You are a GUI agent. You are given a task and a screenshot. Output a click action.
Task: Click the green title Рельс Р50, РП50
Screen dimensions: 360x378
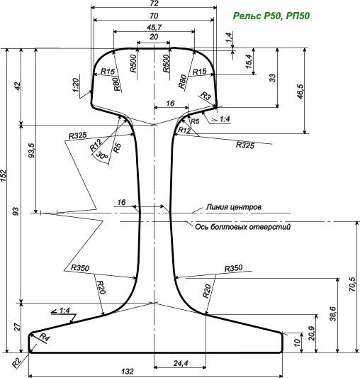pyautogui.click(x=271, y=16)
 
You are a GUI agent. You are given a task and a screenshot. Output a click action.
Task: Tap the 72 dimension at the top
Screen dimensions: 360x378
pyautogui.click(x=154, y=3)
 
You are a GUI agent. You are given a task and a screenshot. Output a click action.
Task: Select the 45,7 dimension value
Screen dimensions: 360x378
pyautogui.click(x=154, y=28)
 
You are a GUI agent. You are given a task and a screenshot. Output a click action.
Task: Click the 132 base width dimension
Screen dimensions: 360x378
pyautogui.click(x=128, y=371)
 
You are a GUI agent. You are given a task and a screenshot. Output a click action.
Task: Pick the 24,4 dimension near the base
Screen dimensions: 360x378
pyautogui.click(x=181, y=363)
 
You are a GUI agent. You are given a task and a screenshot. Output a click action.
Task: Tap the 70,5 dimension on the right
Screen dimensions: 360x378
pyautogui.click(x=352, y=284)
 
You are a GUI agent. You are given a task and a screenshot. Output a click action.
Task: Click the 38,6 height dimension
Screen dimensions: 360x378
pyautogui.click(x=333, y=313)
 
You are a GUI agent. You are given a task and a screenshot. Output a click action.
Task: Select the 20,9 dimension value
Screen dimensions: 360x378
pyautogui.click(x=311, y=333)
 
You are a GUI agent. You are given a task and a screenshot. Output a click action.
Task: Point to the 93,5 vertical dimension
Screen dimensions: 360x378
pyautogui.click(x=32, y=150)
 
